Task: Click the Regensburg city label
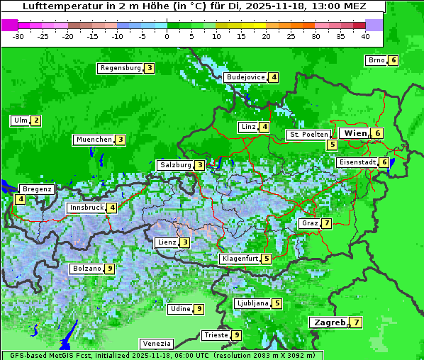pyautogui.click(x=121, y=68)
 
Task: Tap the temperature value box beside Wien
pyautogui.click(x=379, y=133)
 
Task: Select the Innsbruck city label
pyautogui.click(x=85, y=208)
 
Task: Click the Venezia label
pyautogui.click(x=156, y=343)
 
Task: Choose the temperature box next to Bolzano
pyautogui.click(x=110, y=269)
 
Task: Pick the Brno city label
pyautogui.click(x=376, y=60)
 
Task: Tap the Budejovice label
pyautogui.click(x=245, y=77)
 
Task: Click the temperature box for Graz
pyautogui.click(x=326, y=223)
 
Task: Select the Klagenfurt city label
pyautogui.click(x=240, y=259)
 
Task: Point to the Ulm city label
pyautogui.click(x=20, y=120)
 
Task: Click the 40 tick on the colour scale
pyautogui.click(x=365, y=35)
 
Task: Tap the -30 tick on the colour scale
pyautogui.click(x=18, y=35)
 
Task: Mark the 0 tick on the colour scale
pyautogui.click(x=167, y=35)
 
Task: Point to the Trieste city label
pyautogui.click(x=216, y=335)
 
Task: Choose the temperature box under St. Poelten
pyautogui.click(x=332, y=145)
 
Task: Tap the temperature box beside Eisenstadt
pyautogui.click(x=384, y=162)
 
